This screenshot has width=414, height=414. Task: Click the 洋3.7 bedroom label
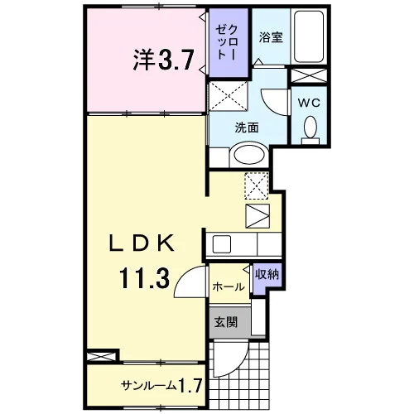click(163, 60)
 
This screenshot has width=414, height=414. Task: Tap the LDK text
click(142, 243)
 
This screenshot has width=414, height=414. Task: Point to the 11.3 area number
click(144, 279)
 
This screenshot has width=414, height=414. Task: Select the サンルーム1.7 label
click(162, 385)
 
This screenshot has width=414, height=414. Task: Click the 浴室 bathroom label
click(271, 37)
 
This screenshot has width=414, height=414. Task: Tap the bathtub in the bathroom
click(309, 36)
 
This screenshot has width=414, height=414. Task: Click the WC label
click(309, 103)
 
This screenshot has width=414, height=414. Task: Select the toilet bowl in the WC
click(310, 128)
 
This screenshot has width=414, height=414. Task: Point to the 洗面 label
click(247, 128)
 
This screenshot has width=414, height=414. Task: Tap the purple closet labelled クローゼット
click(229, 43)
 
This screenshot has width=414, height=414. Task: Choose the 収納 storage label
click(267, 274)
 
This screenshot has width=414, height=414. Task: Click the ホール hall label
click(229, 287)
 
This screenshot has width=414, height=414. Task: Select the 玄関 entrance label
click(226, 322)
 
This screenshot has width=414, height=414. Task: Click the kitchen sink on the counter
click(221, 244)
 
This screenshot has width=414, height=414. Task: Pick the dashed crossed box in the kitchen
click(257, 185)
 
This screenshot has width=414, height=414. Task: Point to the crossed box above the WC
click(309, 75)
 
